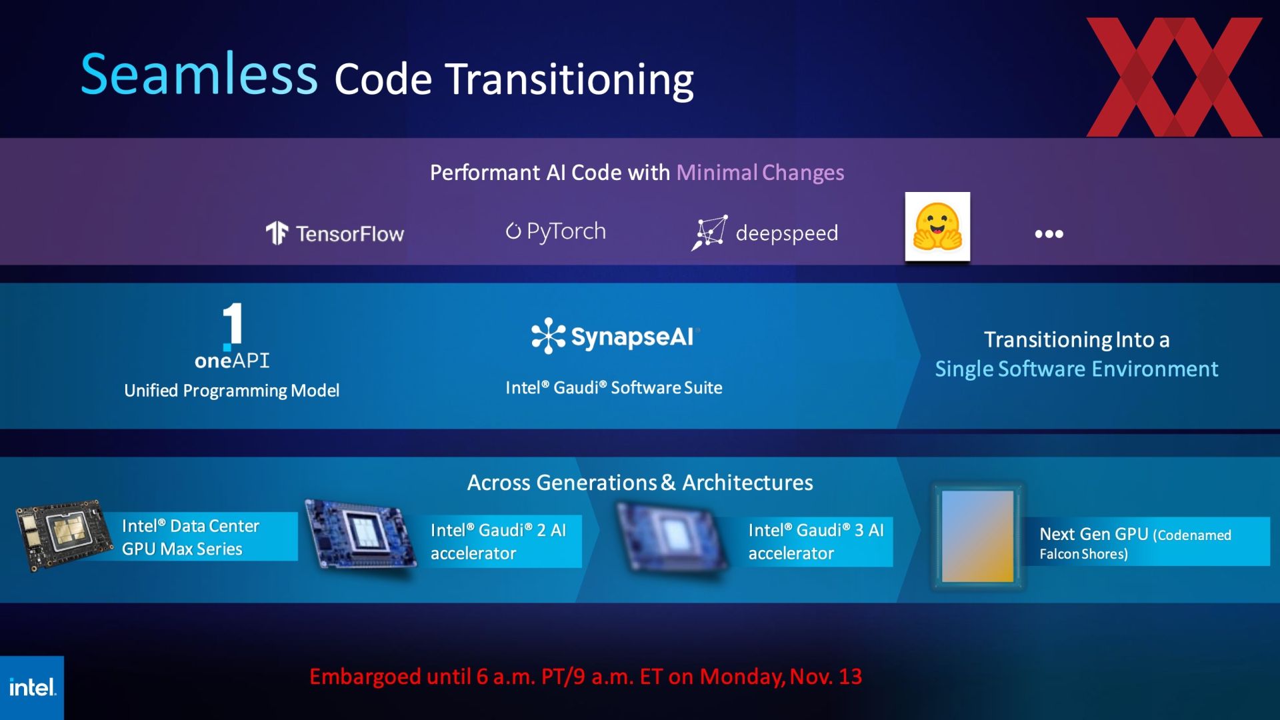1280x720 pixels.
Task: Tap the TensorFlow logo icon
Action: pos(277,233)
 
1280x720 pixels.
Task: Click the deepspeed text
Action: pos(787,233)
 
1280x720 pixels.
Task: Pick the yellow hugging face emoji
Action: pos(937,227)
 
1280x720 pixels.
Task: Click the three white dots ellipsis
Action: pos(1049,234)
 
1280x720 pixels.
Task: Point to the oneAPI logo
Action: pos(232,335)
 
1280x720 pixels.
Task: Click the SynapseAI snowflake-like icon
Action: pos(548,335)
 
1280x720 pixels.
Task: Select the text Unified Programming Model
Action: pos(231,391)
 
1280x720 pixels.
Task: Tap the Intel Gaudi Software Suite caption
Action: pos(614,388)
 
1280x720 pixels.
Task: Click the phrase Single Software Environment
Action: pos(1077,369)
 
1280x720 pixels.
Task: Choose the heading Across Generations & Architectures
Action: pos(640,483)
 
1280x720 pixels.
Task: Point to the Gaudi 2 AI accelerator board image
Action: pos(361,533)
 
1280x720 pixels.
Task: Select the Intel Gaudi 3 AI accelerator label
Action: pos(816,541)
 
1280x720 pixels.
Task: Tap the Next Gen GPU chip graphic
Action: pos(977,537)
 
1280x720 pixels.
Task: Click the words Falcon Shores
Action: pos(1083,554)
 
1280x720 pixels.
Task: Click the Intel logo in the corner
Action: pos(32,687)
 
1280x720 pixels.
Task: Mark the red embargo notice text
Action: pos(585,677)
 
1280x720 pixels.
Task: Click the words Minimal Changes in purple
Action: pos(760,173)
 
